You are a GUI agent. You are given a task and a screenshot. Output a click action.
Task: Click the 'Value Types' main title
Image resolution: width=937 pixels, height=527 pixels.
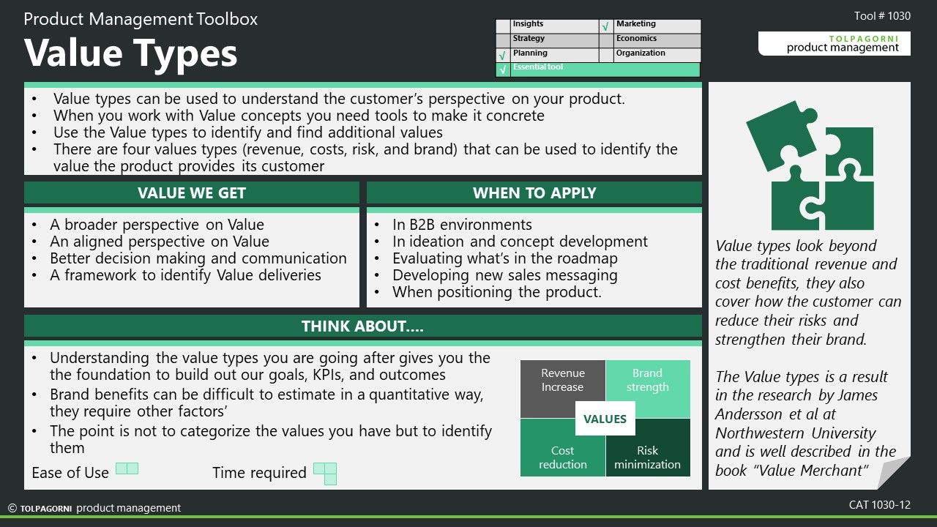click(130, 53)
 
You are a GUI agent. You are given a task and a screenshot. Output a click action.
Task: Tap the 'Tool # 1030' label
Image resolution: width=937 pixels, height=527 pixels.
click(882, 16)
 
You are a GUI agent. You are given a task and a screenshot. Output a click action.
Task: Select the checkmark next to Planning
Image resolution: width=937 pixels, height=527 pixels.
click(502, 55)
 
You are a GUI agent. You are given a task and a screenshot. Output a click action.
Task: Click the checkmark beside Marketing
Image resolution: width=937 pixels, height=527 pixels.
click(605, 27)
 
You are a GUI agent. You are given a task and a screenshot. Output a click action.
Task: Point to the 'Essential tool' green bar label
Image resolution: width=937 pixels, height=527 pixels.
click(538, 67)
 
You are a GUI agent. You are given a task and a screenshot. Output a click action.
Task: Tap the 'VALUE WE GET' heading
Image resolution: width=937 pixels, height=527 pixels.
click(192, 193)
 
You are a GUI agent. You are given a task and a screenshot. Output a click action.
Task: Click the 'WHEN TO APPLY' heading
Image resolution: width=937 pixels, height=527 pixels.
click(534, 193)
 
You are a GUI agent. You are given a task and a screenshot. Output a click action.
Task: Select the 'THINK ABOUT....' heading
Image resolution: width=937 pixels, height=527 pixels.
click(362, 326)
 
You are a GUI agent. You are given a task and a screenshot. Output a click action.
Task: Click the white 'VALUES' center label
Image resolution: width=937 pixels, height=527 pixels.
click(605, 419)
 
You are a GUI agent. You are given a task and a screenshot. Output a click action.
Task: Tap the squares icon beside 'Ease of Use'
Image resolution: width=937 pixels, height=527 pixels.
click(127, 468)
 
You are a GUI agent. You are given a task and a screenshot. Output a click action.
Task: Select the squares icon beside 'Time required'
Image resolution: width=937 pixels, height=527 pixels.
click(325, 474)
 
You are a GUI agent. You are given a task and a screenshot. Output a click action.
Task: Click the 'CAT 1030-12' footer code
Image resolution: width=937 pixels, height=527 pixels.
click(880, 505)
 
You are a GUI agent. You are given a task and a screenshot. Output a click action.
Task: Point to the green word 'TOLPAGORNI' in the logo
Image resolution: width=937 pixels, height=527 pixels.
click(864, 39)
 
